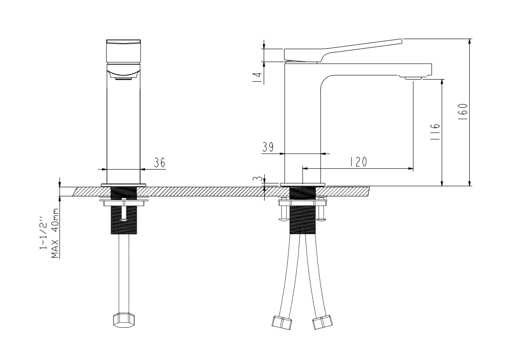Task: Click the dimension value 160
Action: [x=463, y=112]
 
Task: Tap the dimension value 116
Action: [x=435, y=131]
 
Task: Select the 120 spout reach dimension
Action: [x=358, y=162]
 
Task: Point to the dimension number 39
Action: [x=268, y=147]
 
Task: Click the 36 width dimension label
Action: [x=160, y=163]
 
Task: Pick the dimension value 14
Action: [x=257, y=77]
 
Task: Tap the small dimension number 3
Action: [x=257, y=180]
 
